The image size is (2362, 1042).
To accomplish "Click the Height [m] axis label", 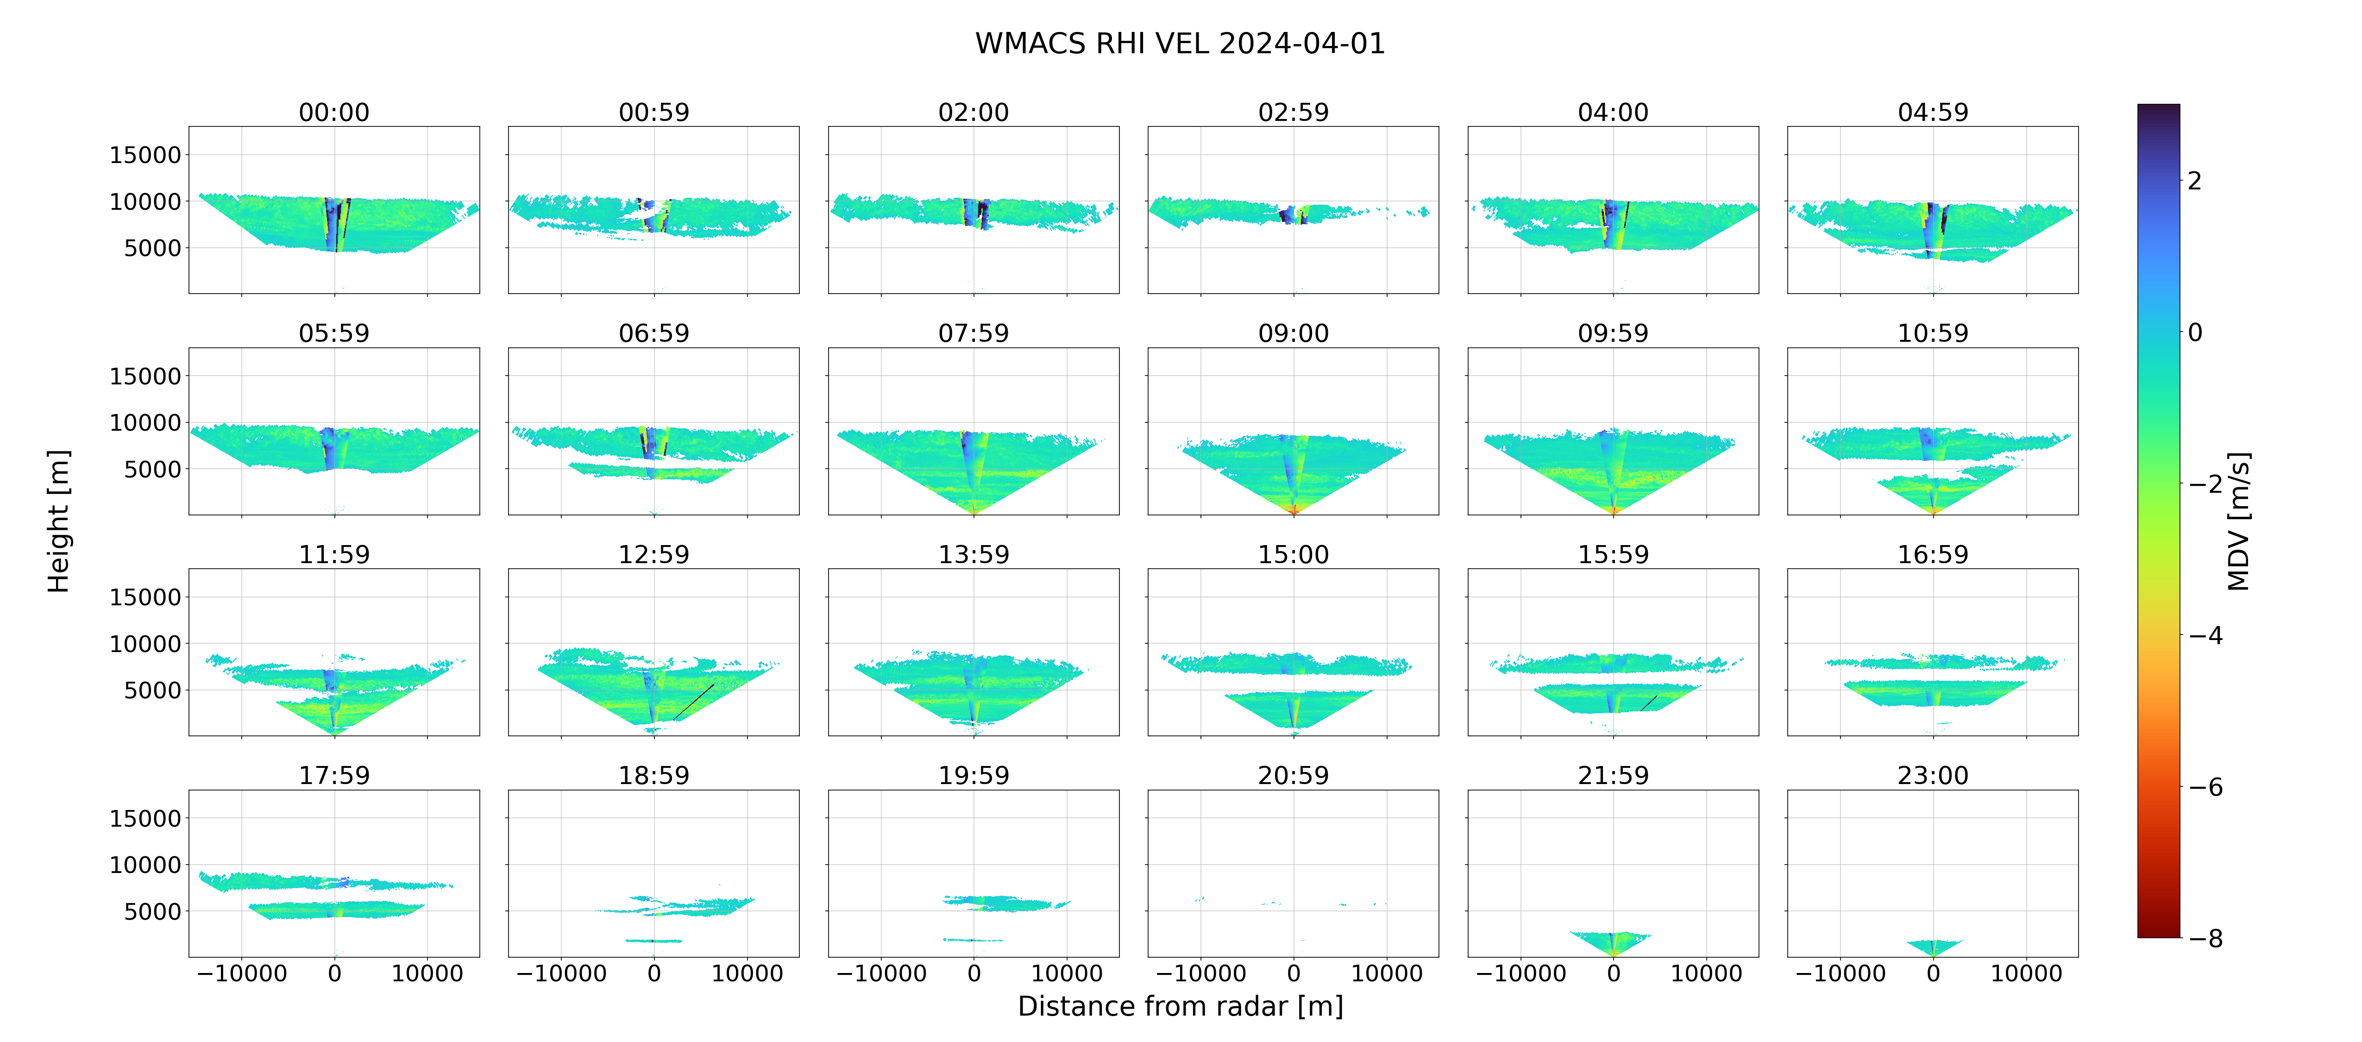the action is pyautogui.click(x=58, y=521).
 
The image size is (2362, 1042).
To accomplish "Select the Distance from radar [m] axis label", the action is pyautogui.click(x=1180, y=1006).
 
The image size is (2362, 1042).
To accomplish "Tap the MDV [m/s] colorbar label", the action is pyautogui.click(x=2238, y=521).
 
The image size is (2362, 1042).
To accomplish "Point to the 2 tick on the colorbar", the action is pyautogui.click(x=2194, y=181).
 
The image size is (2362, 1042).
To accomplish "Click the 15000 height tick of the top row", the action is pyautogui.click(x=145, y=155).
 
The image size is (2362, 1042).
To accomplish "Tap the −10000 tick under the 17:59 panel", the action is pyautogui.click(x=242, y=973).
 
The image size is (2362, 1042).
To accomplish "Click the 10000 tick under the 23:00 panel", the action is pyautogui.click(x=2026, y=973).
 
